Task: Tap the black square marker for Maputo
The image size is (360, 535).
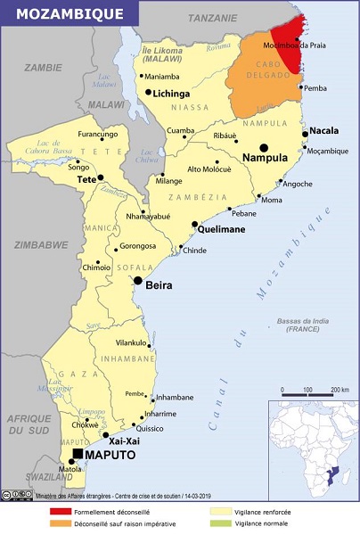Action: coord(78,454)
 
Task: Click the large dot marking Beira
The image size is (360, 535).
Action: coord(138,281)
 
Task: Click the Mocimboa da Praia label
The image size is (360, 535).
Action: coord(299,44)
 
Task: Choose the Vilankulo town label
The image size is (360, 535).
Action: coord(131,342)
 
